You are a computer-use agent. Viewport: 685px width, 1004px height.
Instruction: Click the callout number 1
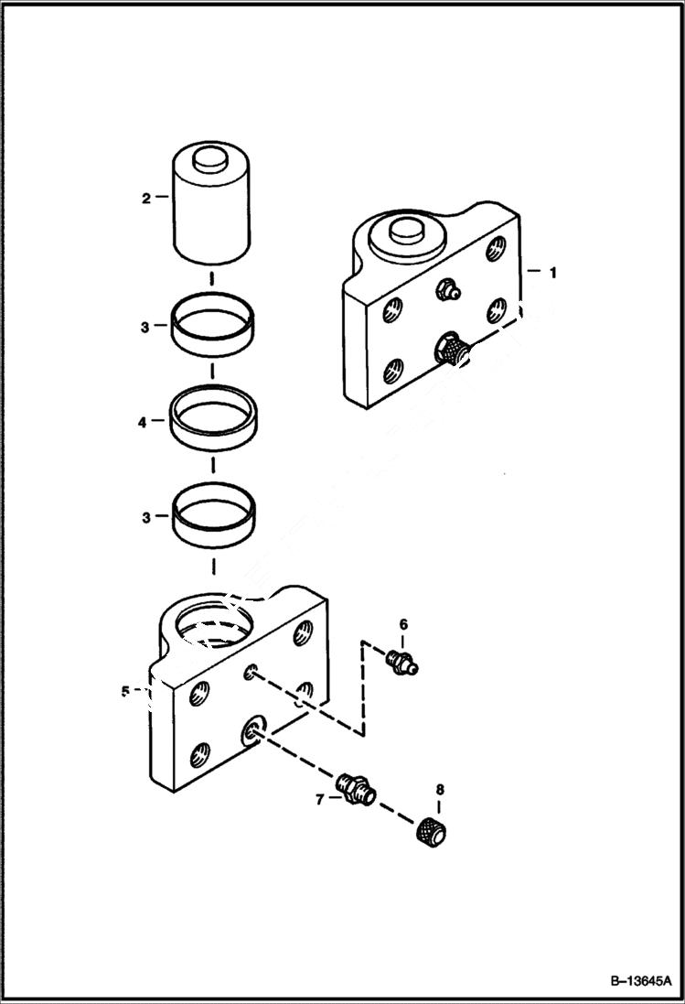click(x=551, y=272)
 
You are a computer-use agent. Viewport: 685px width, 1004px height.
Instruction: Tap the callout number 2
click(x=145, y=197)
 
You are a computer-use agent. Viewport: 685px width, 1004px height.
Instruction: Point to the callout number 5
click(x=125, y=691)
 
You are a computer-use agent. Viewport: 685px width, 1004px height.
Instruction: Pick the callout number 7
click(x=319, y=799)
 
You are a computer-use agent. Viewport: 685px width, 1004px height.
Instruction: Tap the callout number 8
click(x=439, y=789)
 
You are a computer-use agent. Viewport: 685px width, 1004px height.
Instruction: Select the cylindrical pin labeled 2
click(x=212, y=211)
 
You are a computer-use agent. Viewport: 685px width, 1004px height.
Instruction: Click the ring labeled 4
click(x=212, y=418)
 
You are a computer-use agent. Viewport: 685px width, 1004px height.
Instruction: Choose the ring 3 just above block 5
click(x=212, y=514)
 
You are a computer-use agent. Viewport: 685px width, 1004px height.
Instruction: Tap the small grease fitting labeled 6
click(x=401, y=662)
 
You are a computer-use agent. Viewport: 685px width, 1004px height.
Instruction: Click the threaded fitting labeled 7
click(x=356, y=788)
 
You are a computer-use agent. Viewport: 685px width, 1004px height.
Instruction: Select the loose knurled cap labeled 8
click(x=430, y=833)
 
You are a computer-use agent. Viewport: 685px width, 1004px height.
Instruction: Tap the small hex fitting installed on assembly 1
click(x=448, y=290)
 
